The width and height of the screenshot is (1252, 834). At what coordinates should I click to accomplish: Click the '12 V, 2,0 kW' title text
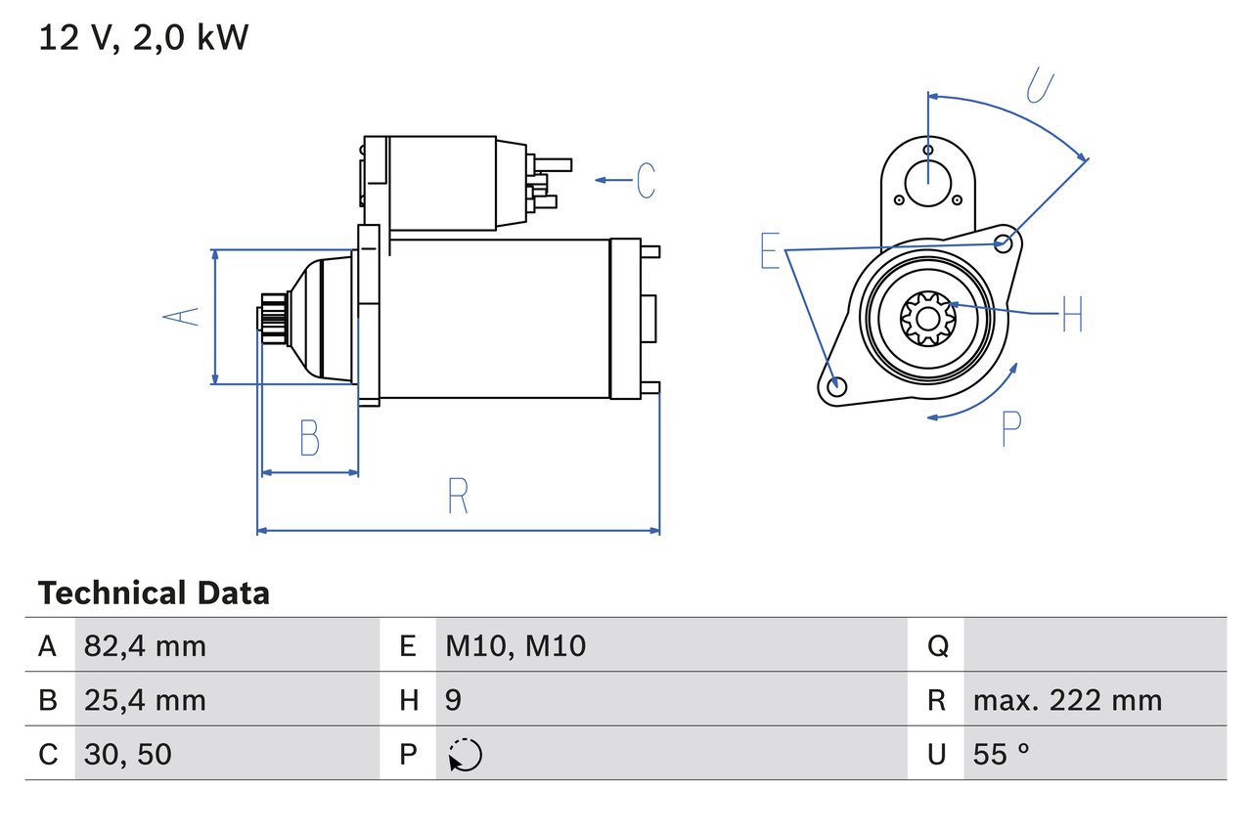click(143, 38)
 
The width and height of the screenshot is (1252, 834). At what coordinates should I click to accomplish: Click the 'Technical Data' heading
click(154, 593)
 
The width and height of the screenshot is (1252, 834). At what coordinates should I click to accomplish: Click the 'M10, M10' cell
click(515, 645)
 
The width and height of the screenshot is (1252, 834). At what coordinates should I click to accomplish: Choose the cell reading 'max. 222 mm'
click(1067, 700)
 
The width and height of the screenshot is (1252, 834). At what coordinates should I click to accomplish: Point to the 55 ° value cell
click(1002, 754)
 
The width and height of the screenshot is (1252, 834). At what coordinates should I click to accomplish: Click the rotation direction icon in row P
click(465, 755)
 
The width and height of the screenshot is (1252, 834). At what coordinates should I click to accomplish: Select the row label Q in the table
click(936, 645)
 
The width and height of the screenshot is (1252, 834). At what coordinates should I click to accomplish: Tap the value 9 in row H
click(454, 700)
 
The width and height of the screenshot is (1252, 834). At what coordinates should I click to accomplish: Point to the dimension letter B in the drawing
click(309, 438)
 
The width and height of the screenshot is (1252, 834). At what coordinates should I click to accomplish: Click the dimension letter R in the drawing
click(458, 497)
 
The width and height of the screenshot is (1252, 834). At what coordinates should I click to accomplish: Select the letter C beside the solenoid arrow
click(646, 181)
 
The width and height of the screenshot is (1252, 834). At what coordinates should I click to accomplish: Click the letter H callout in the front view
click(1072, 314)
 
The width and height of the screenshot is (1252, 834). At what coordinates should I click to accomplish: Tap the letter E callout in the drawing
click(771, 251)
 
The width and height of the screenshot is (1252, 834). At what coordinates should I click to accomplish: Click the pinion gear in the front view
click(925, 318)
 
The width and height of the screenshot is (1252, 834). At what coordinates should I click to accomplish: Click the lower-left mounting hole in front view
click(835, 386)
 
